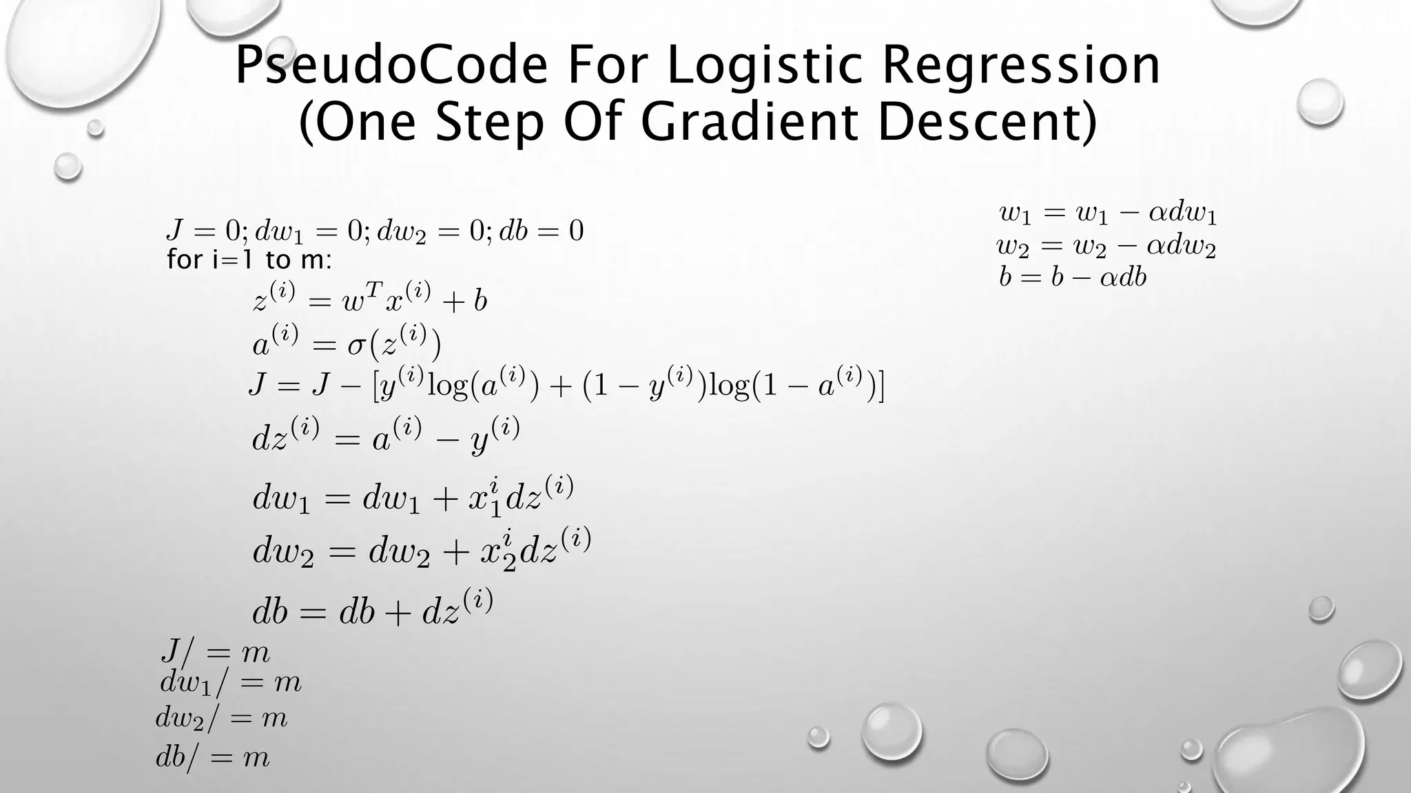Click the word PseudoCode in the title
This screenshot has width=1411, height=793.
point(391,65)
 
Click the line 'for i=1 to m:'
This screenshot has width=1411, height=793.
point(249,260)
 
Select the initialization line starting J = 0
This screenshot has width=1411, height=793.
point(375,231)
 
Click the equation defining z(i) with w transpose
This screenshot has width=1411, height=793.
point(370,299)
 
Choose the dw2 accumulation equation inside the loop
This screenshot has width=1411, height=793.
point(422,549)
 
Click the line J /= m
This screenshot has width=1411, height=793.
point(215,652)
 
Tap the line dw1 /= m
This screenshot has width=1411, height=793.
point(231,683)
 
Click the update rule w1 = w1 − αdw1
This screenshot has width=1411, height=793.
point(1108,214)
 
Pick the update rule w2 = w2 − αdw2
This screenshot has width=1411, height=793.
point(1106,246)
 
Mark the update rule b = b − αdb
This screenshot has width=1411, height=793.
point(1073,277)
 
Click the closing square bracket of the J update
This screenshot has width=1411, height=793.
point(880,387)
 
